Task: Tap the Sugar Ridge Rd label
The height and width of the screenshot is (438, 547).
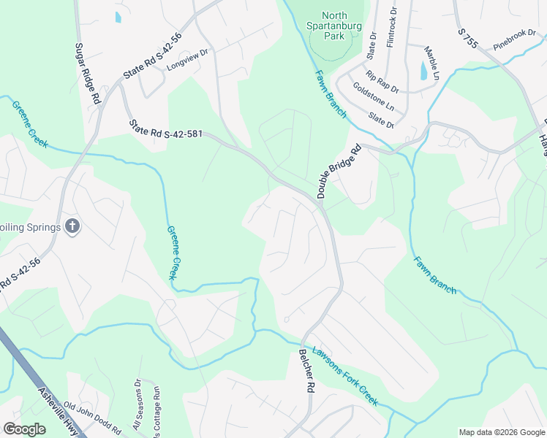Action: click(x=86, y=72)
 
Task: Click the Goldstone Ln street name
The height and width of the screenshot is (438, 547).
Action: click(x=373, y=97)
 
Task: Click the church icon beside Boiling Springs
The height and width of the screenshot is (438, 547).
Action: click(x=72, y=226)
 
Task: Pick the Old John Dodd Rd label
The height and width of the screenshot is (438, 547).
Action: click(x=92, y=417)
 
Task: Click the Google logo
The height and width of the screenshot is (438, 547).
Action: click(x=24, y=429)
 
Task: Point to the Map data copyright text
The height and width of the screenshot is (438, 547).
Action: click(x=501, y=432)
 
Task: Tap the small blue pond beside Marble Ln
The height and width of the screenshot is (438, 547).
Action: click(x=423, y=71)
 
